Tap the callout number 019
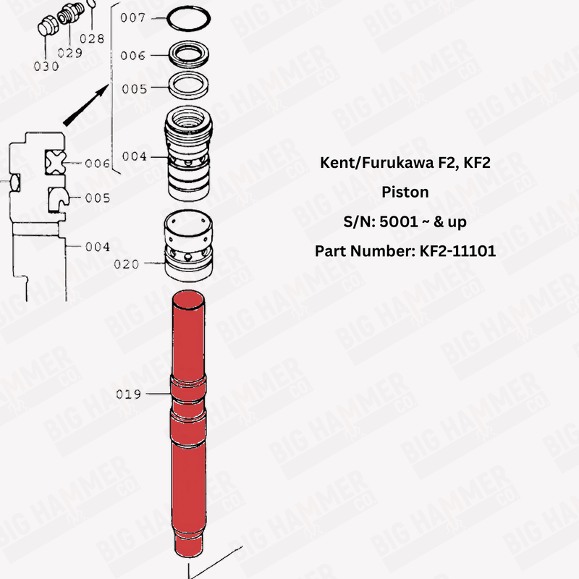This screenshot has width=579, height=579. (129, 394)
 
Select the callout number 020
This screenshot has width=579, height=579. (126, 264)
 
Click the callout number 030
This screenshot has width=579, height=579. (46, 66)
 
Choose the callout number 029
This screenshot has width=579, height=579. (69, 53)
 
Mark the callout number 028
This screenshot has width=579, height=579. (92, 38)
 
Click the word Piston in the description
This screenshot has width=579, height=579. (405, 193)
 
